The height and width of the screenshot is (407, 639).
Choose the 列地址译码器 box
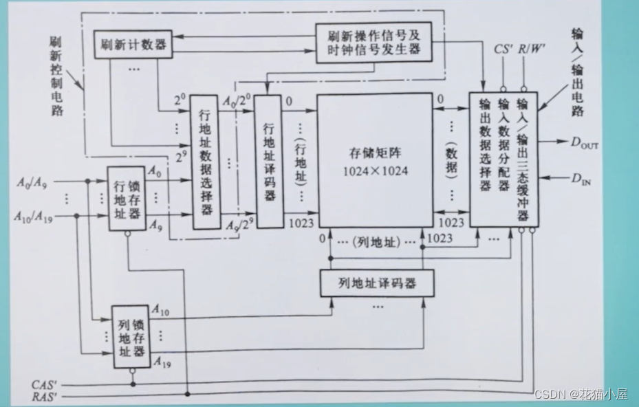(377, 283)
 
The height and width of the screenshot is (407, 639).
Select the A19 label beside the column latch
(163, 362)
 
